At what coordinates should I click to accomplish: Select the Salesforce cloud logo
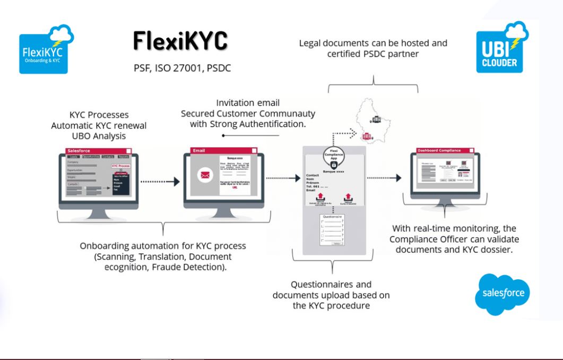503,293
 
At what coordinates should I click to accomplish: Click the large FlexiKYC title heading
180,40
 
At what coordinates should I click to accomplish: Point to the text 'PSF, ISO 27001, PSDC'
182,68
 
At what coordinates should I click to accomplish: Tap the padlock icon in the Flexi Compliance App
334,165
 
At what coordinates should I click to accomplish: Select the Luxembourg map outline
374,120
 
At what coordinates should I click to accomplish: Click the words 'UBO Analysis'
99,136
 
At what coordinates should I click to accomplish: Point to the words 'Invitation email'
248,103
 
